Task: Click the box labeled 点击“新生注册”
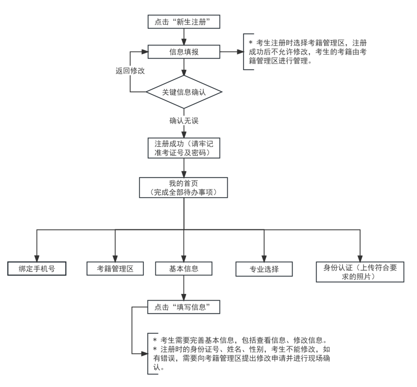click(184, 22)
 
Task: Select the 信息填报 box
click(184, 52)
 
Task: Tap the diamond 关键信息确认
click(184, 92)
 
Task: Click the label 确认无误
click(184, 121)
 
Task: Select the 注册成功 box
click(184, 148)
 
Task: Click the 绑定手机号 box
click(37, 268)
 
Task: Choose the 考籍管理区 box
click(115, 268)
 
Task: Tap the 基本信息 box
click(184, 268)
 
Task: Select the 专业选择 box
click(264, 269)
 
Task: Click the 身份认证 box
click(360, 272)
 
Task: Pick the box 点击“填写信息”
click(184, 307)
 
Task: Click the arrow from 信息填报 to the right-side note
click(232, 52)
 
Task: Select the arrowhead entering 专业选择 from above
click(264, 258)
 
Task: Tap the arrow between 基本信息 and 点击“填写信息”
click(184, 288)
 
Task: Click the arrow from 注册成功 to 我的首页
click(184, 168)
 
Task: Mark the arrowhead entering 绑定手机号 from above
click(37, 258)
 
